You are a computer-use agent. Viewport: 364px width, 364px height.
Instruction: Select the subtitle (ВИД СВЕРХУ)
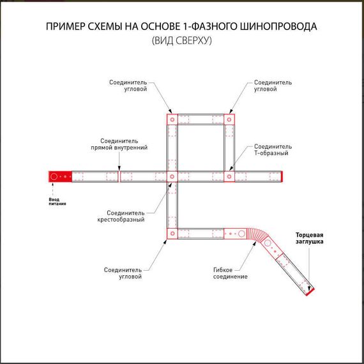pyautogui.click(x=181, y=42)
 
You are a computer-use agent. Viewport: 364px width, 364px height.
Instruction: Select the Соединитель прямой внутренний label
pyautogui.click(x=124, y=144)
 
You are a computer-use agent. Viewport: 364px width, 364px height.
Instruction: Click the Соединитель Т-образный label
pyautogui.click(x=273, y=149)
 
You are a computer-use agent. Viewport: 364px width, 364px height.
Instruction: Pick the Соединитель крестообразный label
pyautogui.click(x=125, y=216)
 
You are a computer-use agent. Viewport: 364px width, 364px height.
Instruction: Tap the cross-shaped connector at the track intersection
pyautogui.click(x=171, y=176)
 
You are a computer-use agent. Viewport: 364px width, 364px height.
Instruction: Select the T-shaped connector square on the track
pyautogui.click(x=229, y=176)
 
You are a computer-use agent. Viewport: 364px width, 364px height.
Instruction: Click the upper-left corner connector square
pyautogui.click(x=171, y=119)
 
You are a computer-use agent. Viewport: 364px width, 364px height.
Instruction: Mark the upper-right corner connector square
pyautogui.click(x=229, y=119)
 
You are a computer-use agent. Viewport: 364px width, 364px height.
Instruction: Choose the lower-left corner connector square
pyautogui.click(x=171, y=234)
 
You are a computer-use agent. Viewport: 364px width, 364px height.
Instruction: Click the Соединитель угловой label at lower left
pyautogui.click(x=123, y=273)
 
